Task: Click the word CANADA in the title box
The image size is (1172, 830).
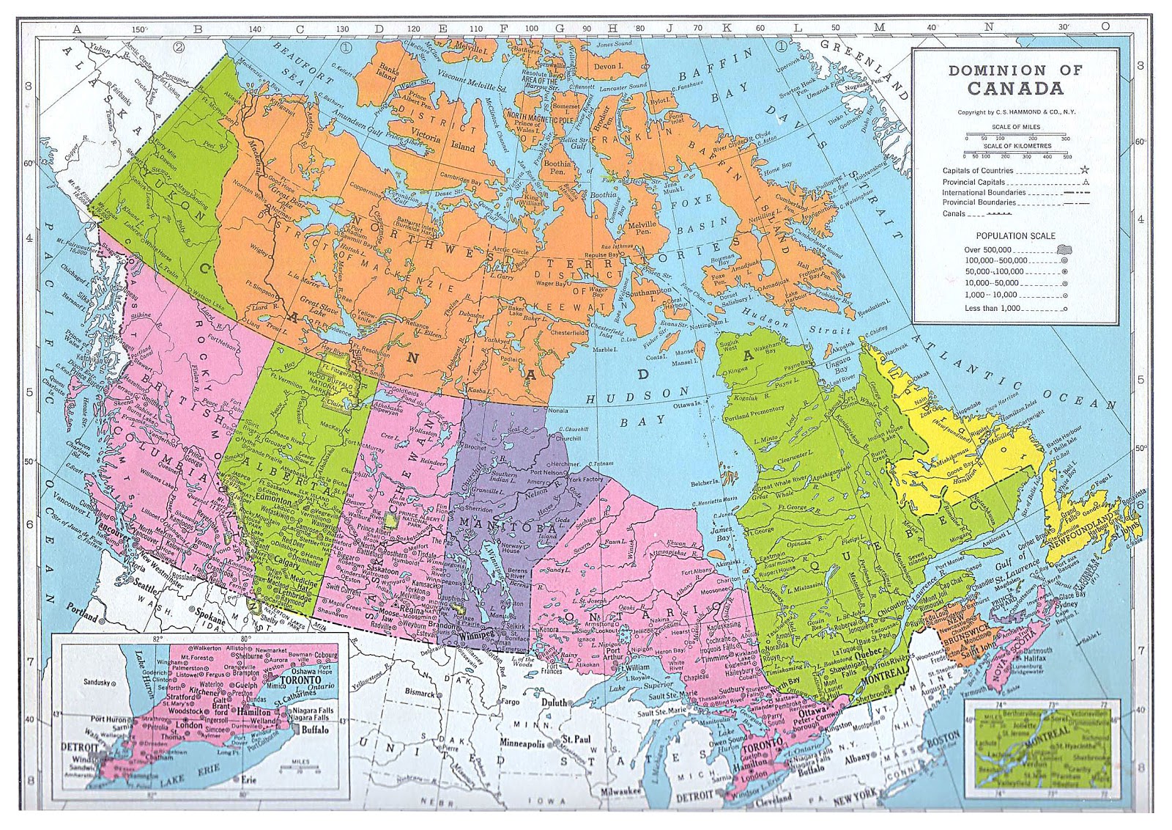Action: coord(1015,89)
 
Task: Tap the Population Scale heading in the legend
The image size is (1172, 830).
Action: coord(1015,236)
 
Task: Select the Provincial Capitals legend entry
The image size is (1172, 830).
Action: coord(973,182)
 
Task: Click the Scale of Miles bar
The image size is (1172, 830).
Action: coord(1015,136)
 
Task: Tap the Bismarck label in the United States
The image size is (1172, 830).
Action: coord(420,692)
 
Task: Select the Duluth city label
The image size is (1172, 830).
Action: coord(554,702)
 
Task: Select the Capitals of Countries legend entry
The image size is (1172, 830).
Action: coord(977,171)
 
